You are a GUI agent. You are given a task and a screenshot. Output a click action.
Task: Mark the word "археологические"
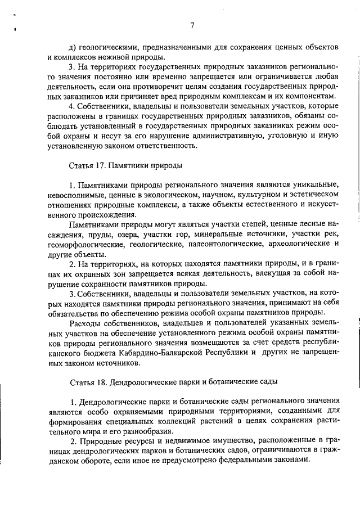click(x=295, y=245)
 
